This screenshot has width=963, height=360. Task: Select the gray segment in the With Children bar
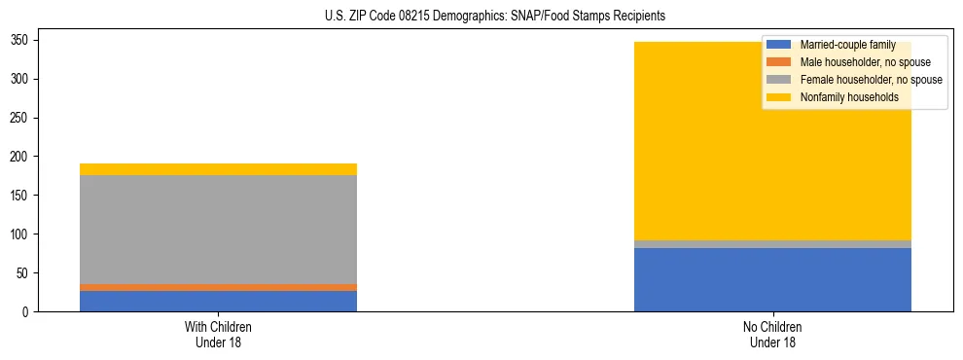pyautogui.click(x=218, y=230)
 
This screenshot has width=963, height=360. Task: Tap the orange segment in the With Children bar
pyautogui.click(x=218, y=287)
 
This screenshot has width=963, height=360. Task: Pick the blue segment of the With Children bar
pyautogui.click(x=218, y=301)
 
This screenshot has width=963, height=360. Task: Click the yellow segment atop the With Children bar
pyautogui.click(x=218, y=169)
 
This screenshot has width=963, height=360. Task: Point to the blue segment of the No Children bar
pyautogui.click(x=771, y=280)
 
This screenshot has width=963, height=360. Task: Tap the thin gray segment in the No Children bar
pyautogui.click(x=771, y=244)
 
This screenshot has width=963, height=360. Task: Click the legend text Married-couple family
pyautogui.click(x=847, y=45)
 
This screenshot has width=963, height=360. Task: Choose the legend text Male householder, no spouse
pyautogui.click(x=865, y=62)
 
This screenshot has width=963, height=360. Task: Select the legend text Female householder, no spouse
pyautogui.click(x=871, y=80)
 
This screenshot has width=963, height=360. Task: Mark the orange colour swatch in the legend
pyautogui.click(x=778, y=62)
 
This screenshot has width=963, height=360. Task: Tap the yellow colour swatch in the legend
pyautogui.click(x=778, y=97)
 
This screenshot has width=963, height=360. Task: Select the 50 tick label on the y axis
pyautogui.click(x=25, y=273)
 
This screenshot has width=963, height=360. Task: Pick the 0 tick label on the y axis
pyautogui.click(x=28, y=312)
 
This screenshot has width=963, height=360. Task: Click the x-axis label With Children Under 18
pyautogui.click(x=218, y=334)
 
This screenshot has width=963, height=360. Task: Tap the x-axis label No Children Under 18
pyautogui.click(x=771, y=334)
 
